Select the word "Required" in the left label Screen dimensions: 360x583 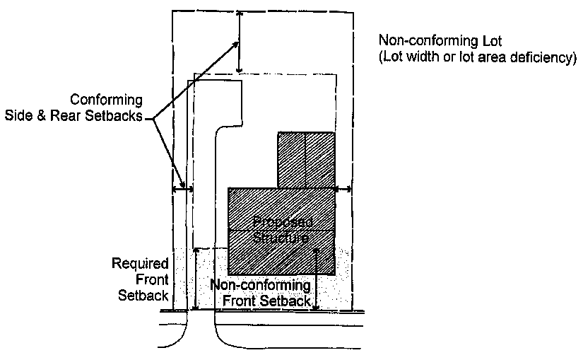[x=140, y=264]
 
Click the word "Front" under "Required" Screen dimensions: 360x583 [x=153, y=279]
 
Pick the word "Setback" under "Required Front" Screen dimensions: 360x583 [x=145, y=295]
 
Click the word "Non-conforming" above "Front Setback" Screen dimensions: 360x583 [x=261, y=286]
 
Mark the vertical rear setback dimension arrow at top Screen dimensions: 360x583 [x=240, y=42]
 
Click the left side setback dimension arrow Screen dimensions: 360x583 [x=183, y=189]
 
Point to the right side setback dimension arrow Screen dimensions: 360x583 [x=344, y=189]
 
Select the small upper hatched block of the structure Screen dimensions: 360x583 [x=305, y=160]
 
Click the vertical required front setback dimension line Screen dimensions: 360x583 [x=197, y=279]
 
